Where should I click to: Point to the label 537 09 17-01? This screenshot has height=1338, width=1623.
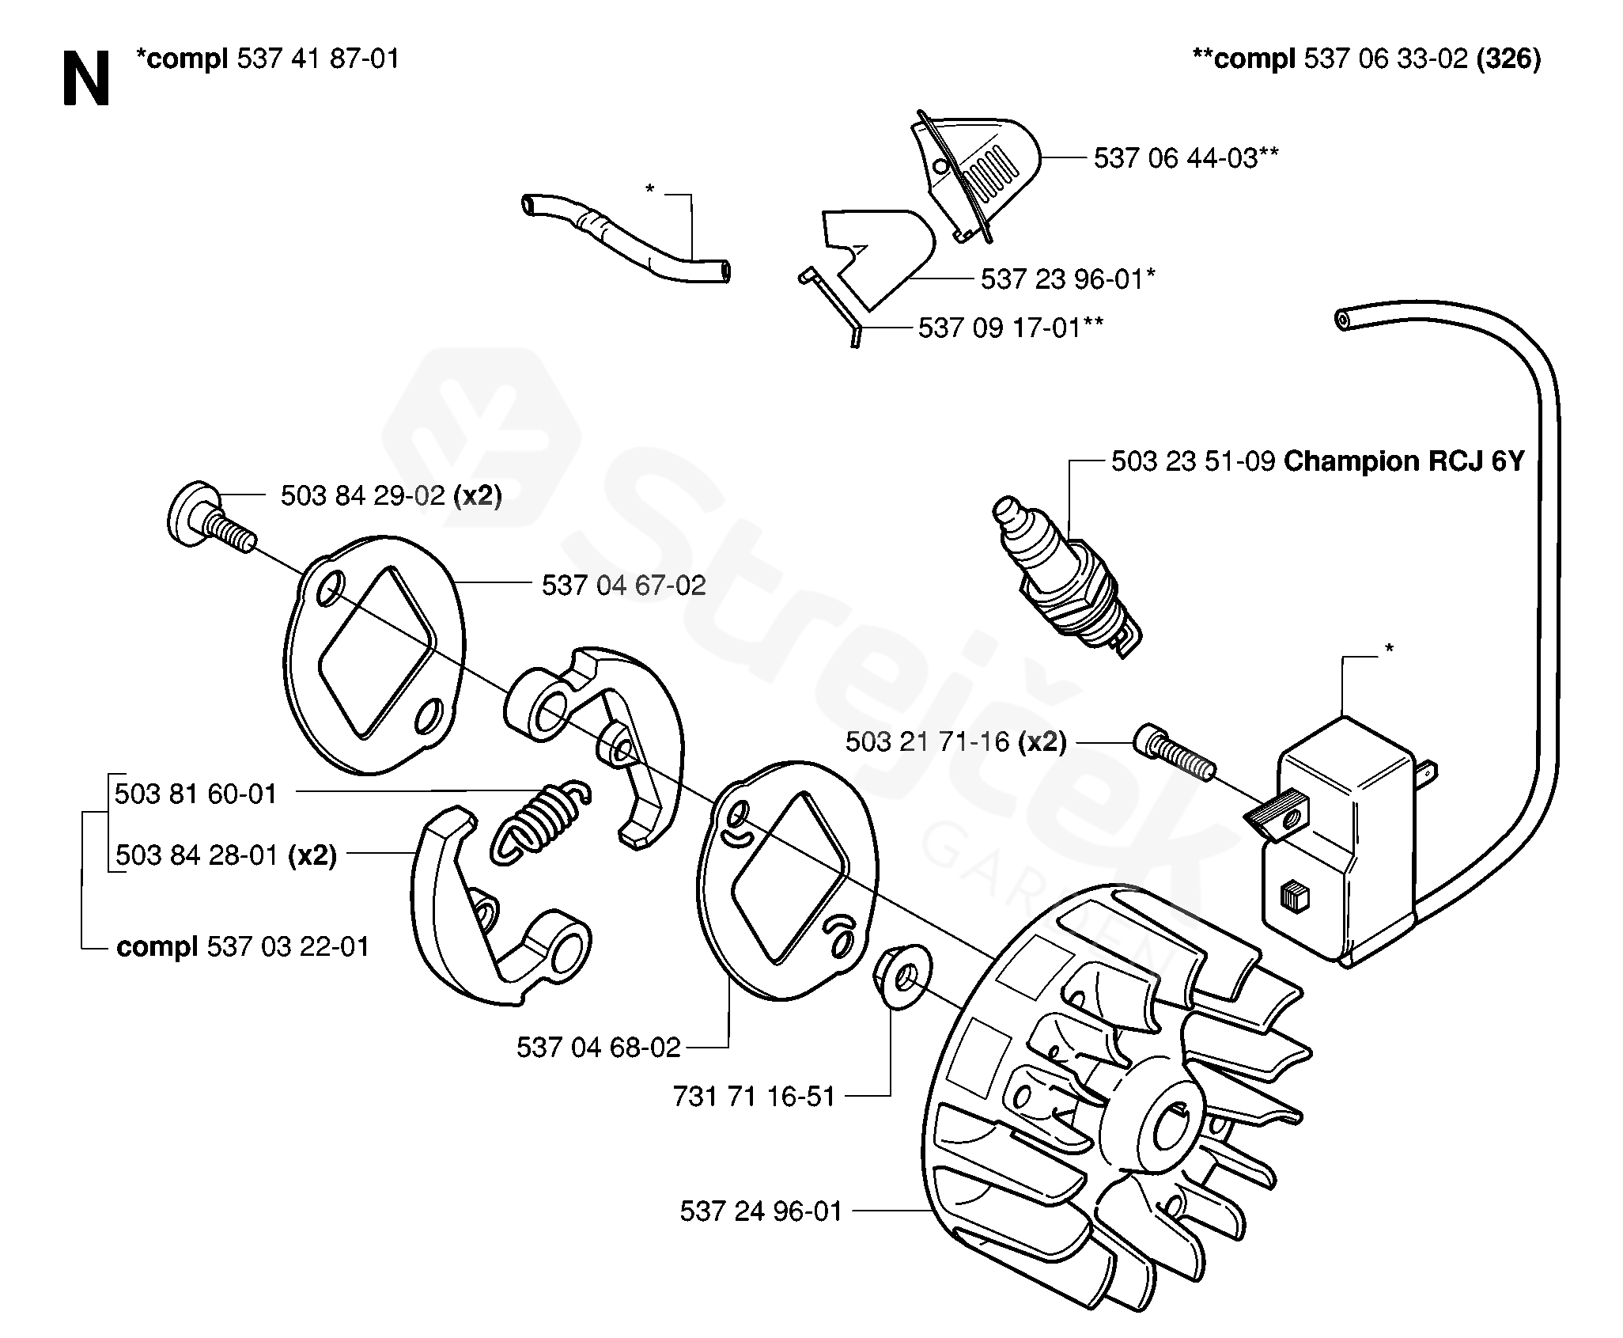point(1001,328)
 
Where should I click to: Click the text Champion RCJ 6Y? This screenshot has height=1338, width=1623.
point(1403,461)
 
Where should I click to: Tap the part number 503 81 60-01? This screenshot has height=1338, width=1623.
point(196,794)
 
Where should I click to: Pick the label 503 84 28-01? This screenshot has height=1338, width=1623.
point(196,855)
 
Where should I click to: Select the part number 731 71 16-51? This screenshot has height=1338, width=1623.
point(754,1096)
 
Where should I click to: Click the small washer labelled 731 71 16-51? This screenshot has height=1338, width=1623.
point(902,976)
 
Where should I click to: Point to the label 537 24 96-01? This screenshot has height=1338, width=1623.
point(761,1211)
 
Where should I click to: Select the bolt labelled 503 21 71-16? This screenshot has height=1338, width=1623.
point(1174,752)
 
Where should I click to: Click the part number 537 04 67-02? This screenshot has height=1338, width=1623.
point(623,586)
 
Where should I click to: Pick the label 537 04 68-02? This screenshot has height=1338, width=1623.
point(599,1047)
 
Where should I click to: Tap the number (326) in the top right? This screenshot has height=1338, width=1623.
point(1508,59)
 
